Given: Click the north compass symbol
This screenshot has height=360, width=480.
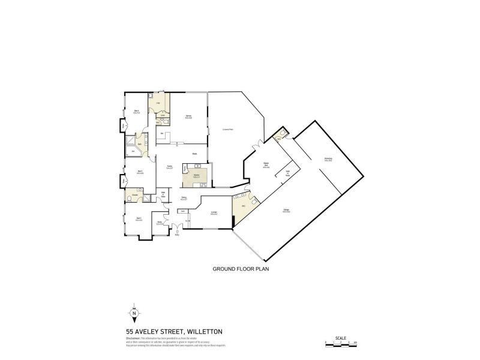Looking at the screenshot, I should tap(134, 313).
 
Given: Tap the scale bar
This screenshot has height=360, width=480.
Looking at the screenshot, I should tap(340, 342).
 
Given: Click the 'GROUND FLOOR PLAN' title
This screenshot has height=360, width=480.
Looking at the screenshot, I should tap(241, 269).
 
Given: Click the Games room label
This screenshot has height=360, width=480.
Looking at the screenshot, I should tap(188, 117).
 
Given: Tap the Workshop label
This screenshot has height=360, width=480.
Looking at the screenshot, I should tap(328, 160).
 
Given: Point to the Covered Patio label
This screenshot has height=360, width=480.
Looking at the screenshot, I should tap(227, 129).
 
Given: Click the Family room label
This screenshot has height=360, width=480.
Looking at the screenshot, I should tap(170, 168).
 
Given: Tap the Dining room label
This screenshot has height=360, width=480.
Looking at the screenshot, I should tap(184, 198).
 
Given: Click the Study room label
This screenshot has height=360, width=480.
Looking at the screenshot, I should tap(159, 223).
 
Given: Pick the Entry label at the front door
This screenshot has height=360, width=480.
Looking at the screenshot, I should tap(177, 234).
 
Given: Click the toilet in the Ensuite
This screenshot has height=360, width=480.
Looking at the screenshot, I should tap(130, 197).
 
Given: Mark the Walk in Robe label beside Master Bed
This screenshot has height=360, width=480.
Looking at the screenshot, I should tap(287, 173).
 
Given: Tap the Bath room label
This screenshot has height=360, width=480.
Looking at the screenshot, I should tap(140, 144).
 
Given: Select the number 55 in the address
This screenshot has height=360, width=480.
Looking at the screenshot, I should tap(130, 331).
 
